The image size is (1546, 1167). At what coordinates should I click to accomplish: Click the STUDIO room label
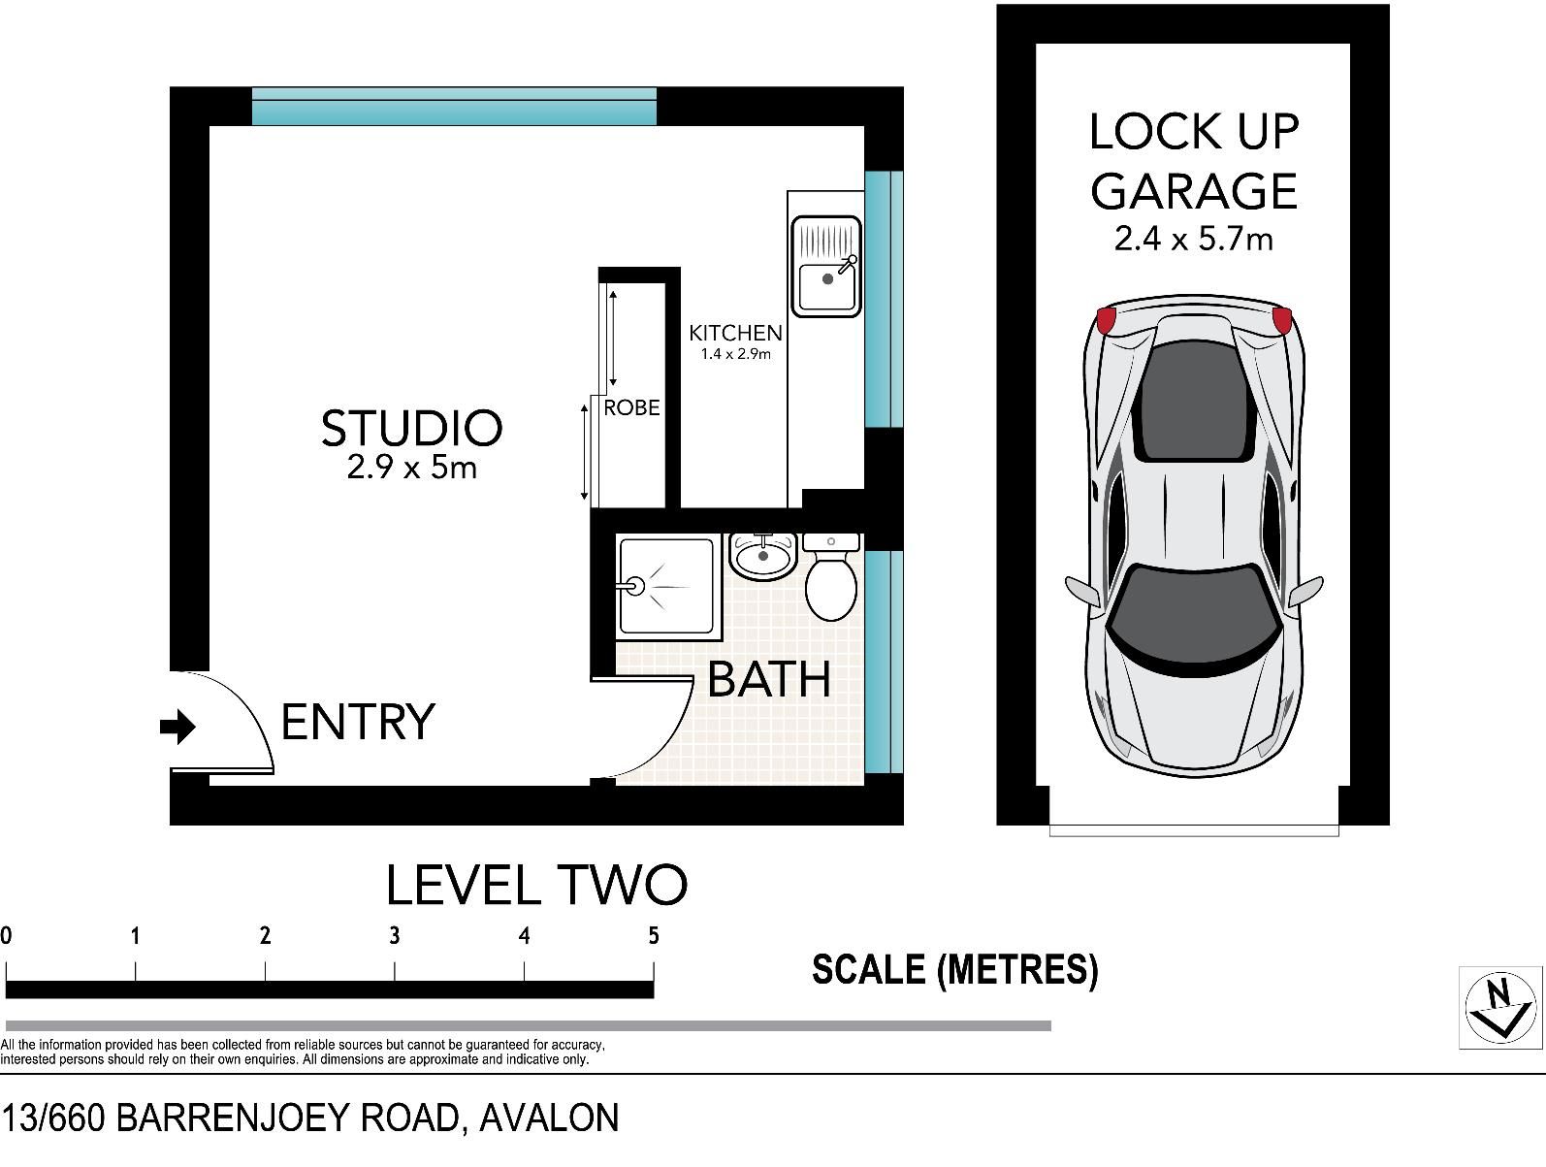point(412,428)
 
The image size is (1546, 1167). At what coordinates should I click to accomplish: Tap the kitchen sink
point(826,267)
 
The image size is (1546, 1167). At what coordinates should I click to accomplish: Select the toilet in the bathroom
point(831,577)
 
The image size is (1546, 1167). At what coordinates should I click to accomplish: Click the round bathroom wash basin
point(763,557)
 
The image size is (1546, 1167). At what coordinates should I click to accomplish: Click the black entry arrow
point(177,727)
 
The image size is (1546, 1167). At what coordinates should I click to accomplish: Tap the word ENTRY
point(358,722)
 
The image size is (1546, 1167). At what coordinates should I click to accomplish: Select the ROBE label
point(631,407)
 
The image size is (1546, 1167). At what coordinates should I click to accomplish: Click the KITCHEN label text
point(735,333)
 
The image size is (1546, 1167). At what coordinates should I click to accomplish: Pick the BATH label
point(769,680)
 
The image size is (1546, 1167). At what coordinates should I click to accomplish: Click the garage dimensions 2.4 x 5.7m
point(1194,240)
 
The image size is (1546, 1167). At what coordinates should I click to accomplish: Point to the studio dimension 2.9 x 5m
point(412,467)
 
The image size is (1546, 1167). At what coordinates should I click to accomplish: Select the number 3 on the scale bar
point(395,935)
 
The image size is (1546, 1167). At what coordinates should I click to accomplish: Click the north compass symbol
point(1500,1008)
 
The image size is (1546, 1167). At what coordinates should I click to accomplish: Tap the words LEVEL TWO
point(536,886)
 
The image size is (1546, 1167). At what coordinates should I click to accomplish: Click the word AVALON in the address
point(549,1118)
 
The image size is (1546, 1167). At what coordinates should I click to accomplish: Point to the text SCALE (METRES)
point(955,970)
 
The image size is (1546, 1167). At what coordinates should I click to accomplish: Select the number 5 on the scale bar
point(654,935)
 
